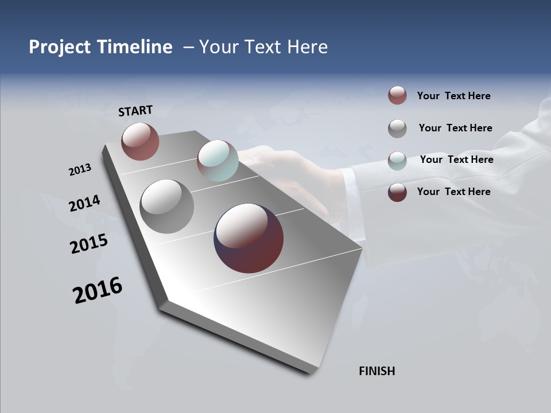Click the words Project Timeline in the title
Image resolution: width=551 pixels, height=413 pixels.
100,47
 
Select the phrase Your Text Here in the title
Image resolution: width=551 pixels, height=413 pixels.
263,47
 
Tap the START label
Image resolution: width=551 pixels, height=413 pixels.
135,111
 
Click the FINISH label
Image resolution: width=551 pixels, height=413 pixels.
377,371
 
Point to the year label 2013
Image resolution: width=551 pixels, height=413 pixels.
80,170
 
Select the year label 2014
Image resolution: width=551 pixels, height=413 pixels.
84,203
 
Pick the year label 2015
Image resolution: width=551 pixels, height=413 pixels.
89,243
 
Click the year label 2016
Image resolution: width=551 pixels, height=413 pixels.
98,290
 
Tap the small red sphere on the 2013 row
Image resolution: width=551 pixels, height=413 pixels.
140,141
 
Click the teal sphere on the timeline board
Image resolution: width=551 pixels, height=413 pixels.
218,160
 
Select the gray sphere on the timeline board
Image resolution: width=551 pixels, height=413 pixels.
166,206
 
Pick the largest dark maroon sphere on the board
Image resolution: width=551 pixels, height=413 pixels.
249,238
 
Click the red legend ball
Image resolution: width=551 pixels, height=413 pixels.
397,95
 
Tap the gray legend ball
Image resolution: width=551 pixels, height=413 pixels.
397,128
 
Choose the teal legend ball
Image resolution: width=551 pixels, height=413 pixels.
397,161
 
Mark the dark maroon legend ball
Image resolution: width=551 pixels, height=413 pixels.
397,192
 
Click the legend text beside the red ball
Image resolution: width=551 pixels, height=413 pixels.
453,96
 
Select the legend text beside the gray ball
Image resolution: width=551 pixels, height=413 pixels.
455,128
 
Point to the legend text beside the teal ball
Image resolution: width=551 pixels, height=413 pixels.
456,159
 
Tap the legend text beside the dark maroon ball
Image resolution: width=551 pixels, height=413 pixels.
453,192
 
